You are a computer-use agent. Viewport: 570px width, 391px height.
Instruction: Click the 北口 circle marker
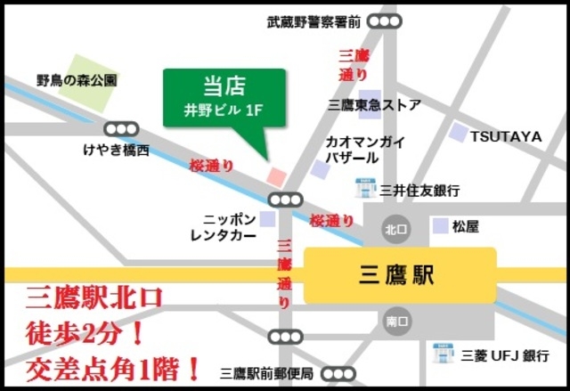395,228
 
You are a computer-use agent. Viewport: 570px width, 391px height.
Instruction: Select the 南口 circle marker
397,321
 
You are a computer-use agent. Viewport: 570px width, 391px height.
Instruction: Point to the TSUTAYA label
506,136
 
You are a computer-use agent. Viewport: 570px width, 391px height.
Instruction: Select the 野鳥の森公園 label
77,80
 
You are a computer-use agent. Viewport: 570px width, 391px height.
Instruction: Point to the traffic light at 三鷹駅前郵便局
338,373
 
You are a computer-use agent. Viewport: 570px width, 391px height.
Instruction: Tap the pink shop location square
276,175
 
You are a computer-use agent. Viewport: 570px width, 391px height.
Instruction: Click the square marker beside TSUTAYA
458,134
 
